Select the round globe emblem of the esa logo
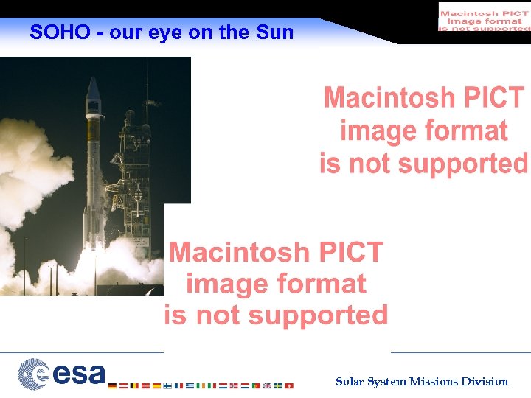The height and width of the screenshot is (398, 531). tap(33, 374)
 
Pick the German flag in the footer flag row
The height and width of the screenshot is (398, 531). tap(112, 385)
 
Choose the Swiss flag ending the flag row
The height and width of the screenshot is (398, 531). tap(289, 385)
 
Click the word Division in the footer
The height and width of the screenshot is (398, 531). tap(485, 382)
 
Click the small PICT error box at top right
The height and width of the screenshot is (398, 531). tap(484, 16)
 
